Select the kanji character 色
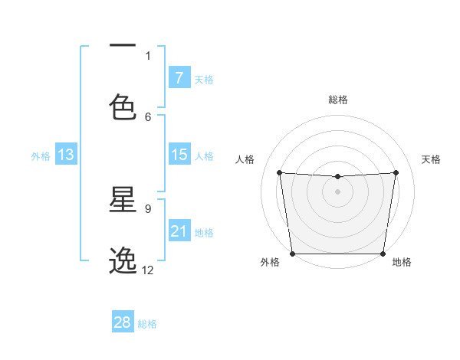click(x=123, y=107)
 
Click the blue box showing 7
click(x=179, y=78)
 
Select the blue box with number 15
click(x=179, y=155)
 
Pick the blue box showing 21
click(x=179, y=231)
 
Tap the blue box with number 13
click(x=66, y=155)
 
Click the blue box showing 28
click(x=123, y=322)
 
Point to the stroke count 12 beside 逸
click(x=148, y=270)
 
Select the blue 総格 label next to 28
click(x=147, y=324)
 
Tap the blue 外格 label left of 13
click(x=41, y=156)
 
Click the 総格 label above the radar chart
click(x=337, y=100)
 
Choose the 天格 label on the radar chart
click(x=431, y=159)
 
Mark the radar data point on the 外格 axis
click(x=292, y=254)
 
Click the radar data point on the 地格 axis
click(x=383, y=254)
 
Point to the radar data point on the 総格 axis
click(x=337, y=177)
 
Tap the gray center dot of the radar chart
click(x=337, y=191)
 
